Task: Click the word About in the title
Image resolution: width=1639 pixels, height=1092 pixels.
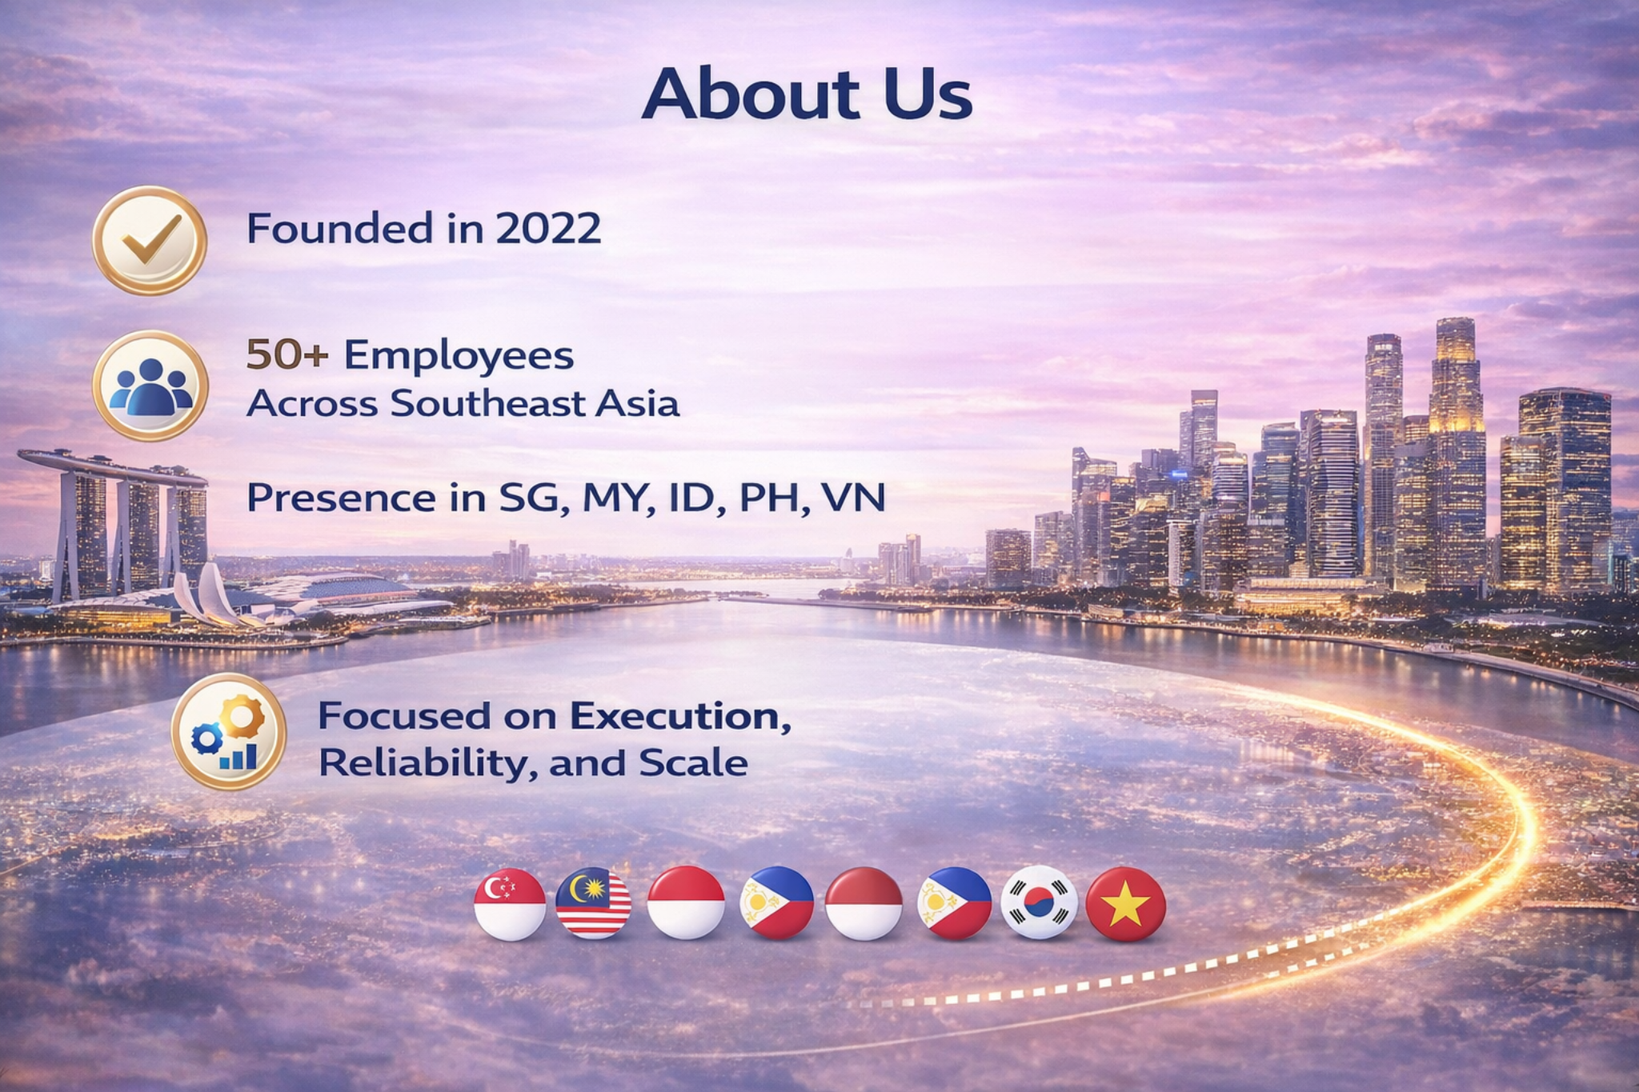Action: click(750, 94)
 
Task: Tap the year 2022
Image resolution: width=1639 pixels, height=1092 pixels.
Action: click(548, 229)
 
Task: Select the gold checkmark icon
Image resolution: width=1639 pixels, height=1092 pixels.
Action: click(150, 240)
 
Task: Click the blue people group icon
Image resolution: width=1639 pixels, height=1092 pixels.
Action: click(150, 386)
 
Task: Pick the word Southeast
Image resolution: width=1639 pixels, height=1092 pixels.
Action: click(487, 403)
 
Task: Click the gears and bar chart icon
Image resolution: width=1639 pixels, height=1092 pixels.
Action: click(229, 732)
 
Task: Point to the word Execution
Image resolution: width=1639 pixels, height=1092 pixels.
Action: click(682, 716)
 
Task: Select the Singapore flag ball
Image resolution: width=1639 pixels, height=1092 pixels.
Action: click(510, 904)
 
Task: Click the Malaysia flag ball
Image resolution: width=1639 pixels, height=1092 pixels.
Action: click(594, 904)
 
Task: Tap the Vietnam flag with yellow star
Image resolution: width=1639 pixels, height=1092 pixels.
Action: click(1125, 904)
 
